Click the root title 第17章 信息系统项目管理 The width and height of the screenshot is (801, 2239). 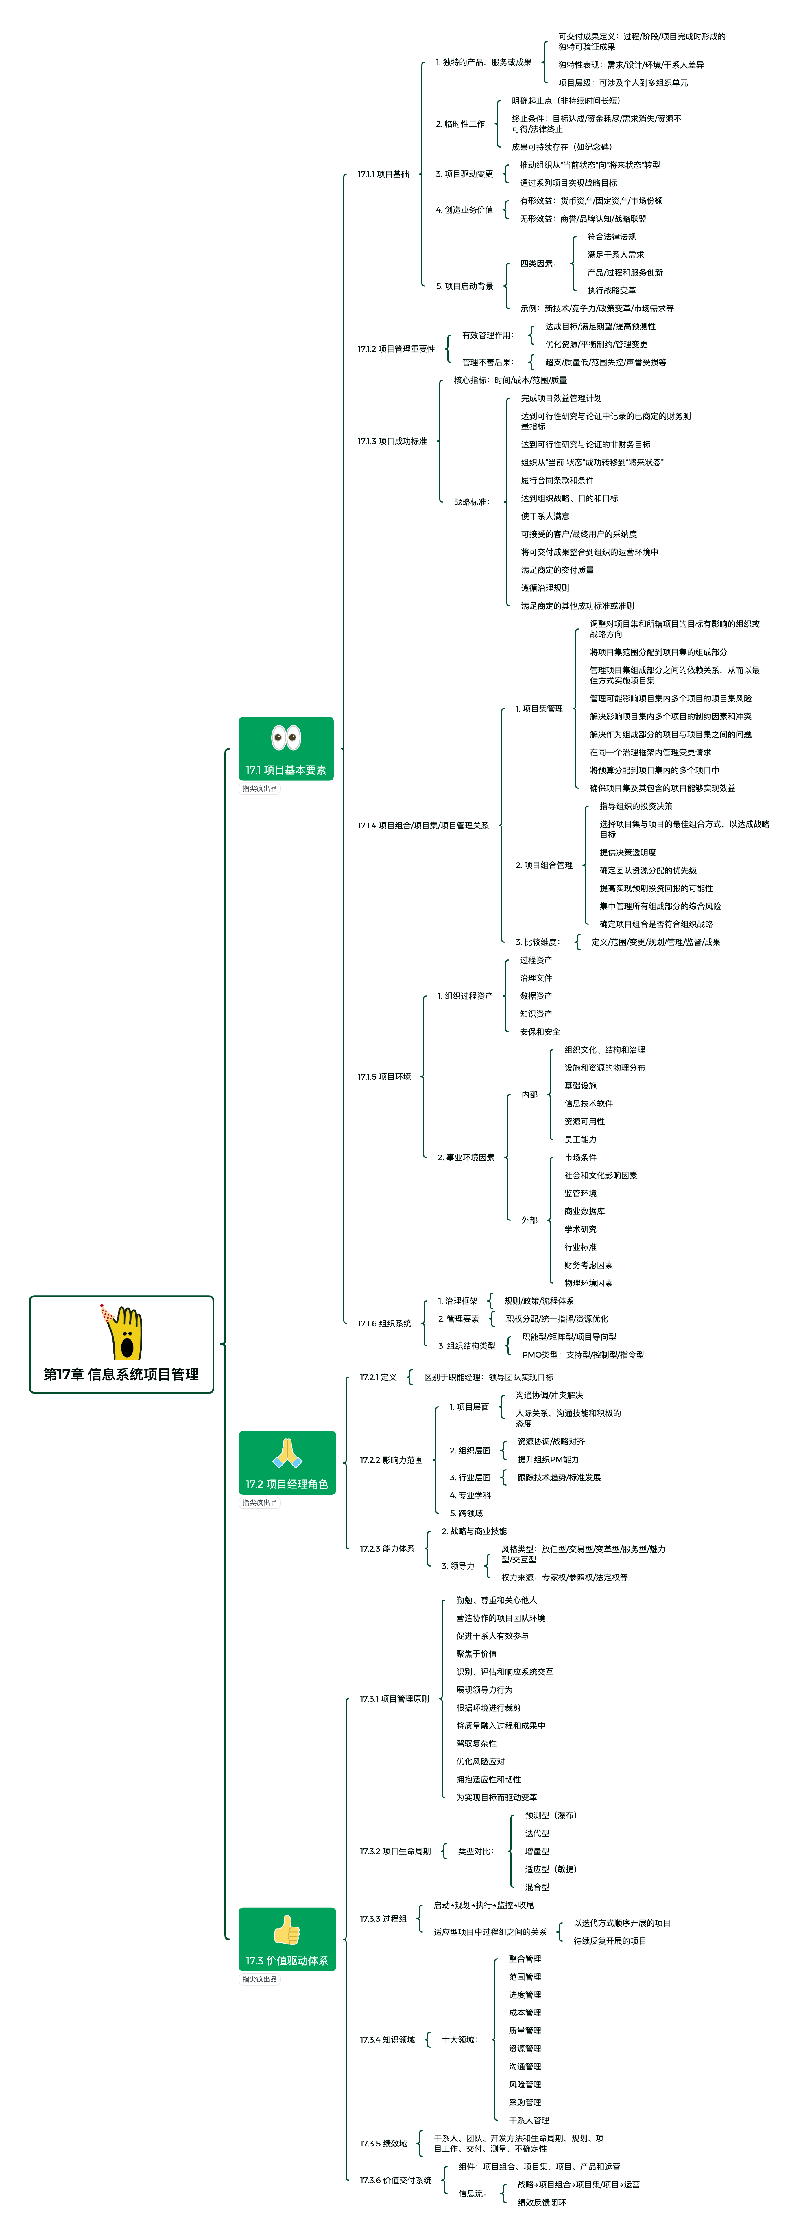click(122, 1374)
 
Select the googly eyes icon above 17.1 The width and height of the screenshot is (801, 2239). click(286, 737)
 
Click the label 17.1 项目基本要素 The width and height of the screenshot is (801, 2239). click(286, 770)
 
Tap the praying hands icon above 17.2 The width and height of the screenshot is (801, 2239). click(287, 1452)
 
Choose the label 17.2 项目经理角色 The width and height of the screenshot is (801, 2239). click(287, 1484)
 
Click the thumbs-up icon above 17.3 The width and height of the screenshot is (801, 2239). click(287, 1930)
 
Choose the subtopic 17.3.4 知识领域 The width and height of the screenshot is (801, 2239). click(387, 2039)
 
